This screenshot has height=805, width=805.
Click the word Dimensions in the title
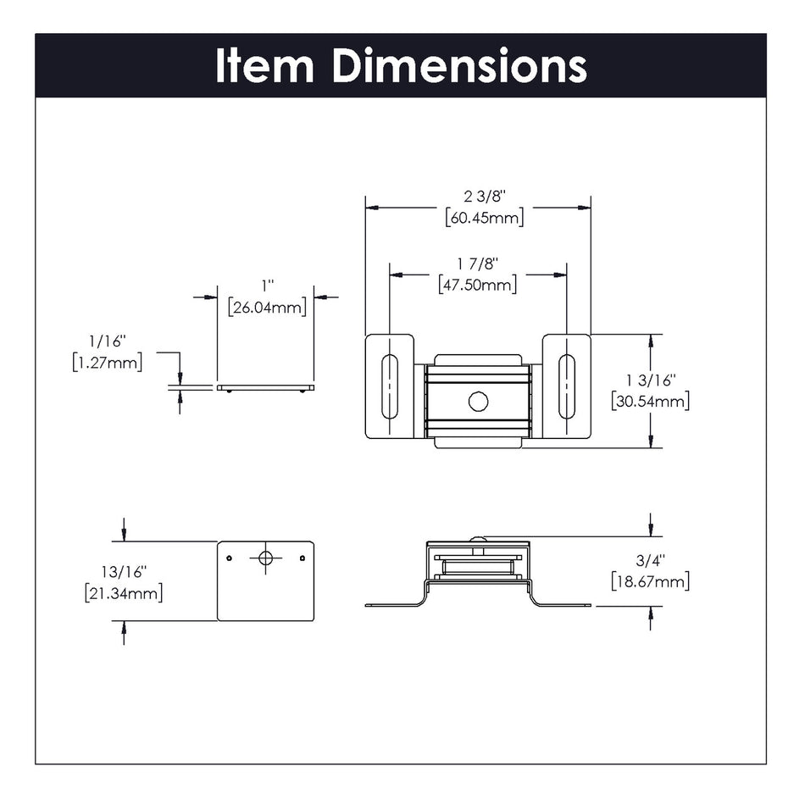coord(458,66)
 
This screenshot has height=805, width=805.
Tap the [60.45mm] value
coord(484,218)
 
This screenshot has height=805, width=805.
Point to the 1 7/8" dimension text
coord(478,264)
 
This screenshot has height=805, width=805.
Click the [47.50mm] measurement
coord(478,285)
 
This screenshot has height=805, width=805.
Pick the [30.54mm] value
coord(650,401)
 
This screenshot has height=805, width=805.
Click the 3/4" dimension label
coord(649,561)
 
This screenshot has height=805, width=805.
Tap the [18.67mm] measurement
coord(650,581)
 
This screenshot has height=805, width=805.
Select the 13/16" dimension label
coord(124,572)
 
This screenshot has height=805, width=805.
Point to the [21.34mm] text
coord(124,593)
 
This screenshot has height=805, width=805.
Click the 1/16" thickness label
coord(107,341)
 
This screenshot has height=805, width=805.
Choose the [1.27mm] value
coord(107,363)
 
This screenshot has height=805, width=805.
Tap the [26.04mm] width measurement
coord(267,308)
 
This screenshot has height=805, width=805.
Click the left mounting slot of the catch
coord(389,386)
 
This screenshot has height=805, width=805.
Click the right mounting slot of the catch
coord(566,386)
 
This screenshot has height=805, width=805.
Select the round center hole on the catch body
coord(478,402)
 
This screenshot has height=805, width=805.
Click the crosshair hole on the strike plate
coord(265,558)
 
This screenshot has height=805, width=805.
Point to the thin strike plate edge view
coord(265,388)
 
